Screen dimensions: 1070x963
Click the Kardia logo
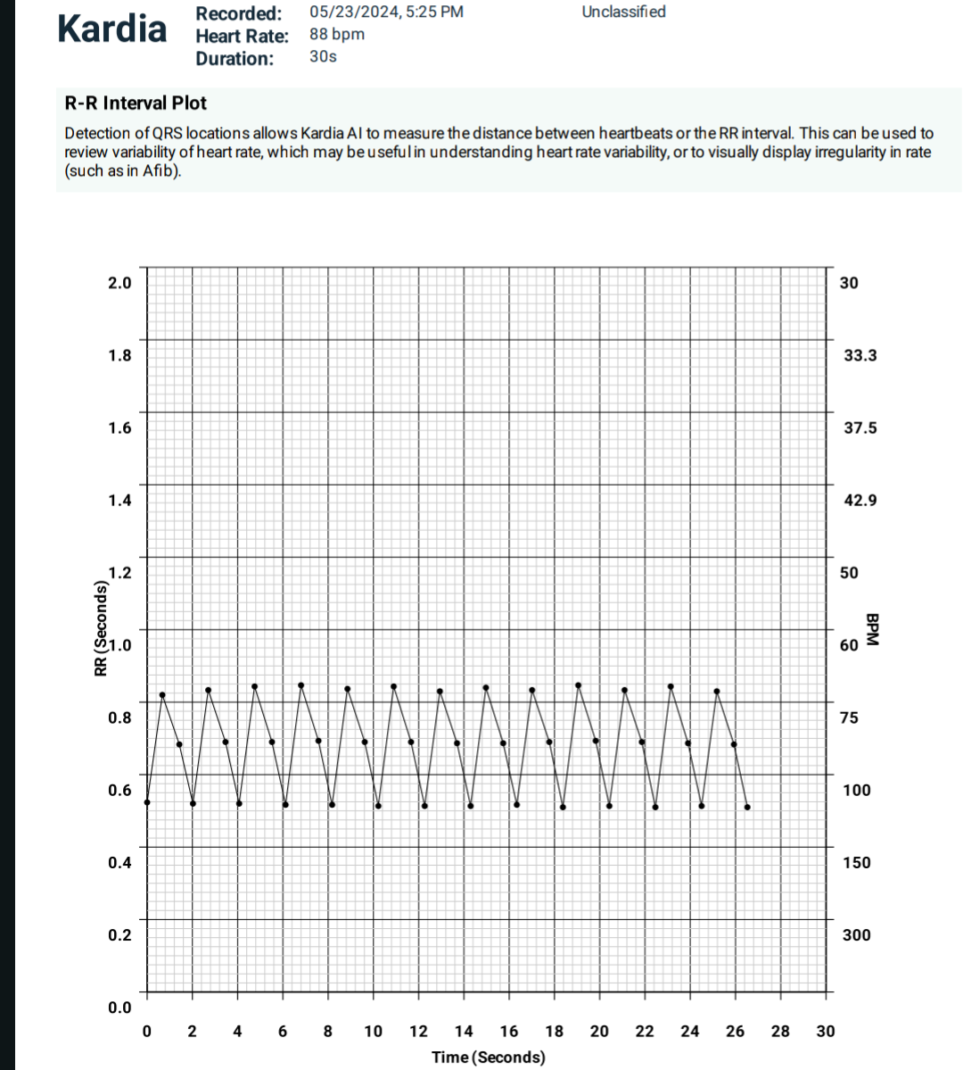[111, 29]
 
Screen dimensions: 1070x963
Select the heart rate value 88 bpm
[337, 35]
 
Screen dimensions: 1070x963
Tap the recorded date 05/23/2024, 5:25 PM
[386, 12]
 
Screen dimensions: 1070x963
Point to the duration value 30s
[323, 57]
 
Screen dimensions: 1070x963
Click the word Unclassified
[623, 12]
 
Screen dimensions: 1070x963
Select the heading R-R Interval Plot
[136, 104]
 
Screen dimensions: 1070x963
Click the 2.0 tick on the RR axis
[119, 283]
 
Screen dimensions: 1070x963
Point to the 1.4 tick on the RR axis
[119, 501]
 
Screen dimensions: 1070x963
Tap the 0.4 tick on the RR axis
[119, 863]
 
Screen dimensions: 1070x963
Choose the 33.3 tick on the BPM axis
[860, 356]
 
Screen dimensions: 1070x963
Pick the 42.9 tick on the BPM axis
[860, 501]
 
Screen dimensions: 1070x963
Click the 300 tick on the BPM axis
[856, 935]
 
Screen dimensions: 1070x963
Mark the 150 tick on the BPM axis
[856, 863]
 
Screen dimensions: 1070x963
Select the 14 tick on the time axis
[464, 1032]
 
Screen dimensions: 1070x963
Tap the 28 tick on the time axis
[780, 1032]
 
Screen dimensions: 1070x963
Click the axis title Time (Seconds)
[488, 1058]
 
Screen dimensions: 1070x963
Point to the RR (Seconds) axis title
[101, 628]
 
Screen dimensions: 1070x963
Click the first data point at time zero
[147, 802]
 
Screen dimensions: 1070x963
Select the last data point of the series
[747, 807]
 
